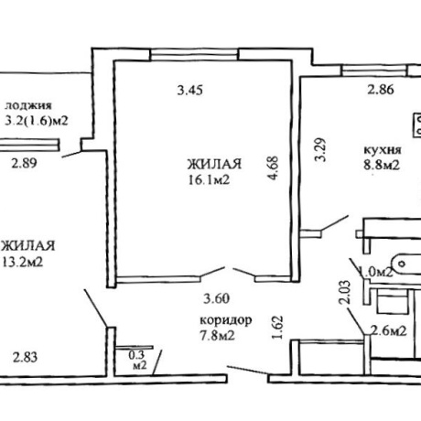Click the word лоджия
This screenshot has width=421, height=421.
click(28, 106)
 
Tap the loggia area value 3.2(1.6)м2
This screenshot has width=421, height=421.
click(37, 121)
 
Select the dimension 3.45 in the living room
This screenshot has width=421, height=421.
click(190, 91)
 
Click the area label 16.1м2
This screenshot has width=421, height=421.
click(209, 180)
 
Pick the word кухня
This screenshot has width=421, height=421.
click(383, 150)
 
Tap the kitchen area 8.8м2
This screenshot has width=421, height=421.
click(382, 165)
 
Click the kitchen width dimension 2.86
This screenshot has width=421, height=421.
click(381, 90)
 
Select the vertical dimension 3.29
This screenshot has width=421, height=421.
click(320, 150)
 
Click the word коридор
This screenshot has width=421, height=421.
click(226, 320)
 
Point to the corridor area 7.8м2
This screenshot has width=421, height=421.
click(217, 336)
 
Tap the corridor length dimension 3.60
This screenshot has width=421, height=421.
click(217, 298)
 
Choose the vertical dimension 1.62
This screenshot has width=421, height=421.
click(277, 328)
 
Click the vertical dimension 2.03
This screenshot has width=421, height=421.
click(345, 292)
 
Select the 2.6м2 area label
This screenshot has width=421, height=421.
click(388, 330)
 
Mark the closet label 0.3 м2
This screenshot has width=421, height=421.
click(138, 360)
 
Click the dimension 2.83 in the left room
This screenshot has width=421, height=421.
click(25, 357)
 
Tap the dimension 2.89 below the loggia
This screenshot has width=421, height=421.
click(24, 163)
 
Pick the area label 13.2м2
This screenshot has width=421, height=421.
click(23, 262)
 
